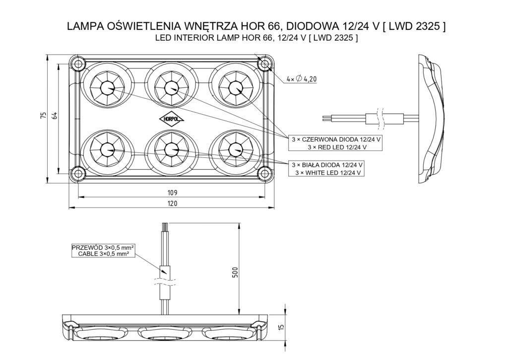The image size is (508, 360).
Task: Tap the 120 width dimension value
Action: tap(172, 204)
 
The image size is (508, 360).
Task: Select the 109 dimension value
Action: tap(172, 192)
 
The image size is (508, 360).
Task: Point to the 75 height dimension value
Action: tap(43, 116)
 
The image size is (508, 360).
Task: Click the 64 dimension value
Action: tap(55, 116)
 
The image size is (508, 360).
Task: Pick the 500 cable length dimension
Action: tap(236, 272)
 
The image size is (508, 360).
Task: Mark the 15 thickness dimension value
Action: tap(281, 327)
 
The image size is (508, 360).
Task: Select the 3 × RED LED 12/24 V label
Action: tap(337, 147)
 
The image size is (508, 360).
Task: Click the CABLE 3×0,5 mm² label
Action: tap(104, 253)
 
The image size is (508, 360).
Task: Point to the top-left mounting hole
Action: tap(77, 64)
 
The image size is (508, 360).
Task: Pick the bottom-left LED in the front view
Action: tap(107, 148)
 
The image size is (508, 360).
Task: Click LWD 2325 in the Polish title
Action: tap(414, 26)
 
